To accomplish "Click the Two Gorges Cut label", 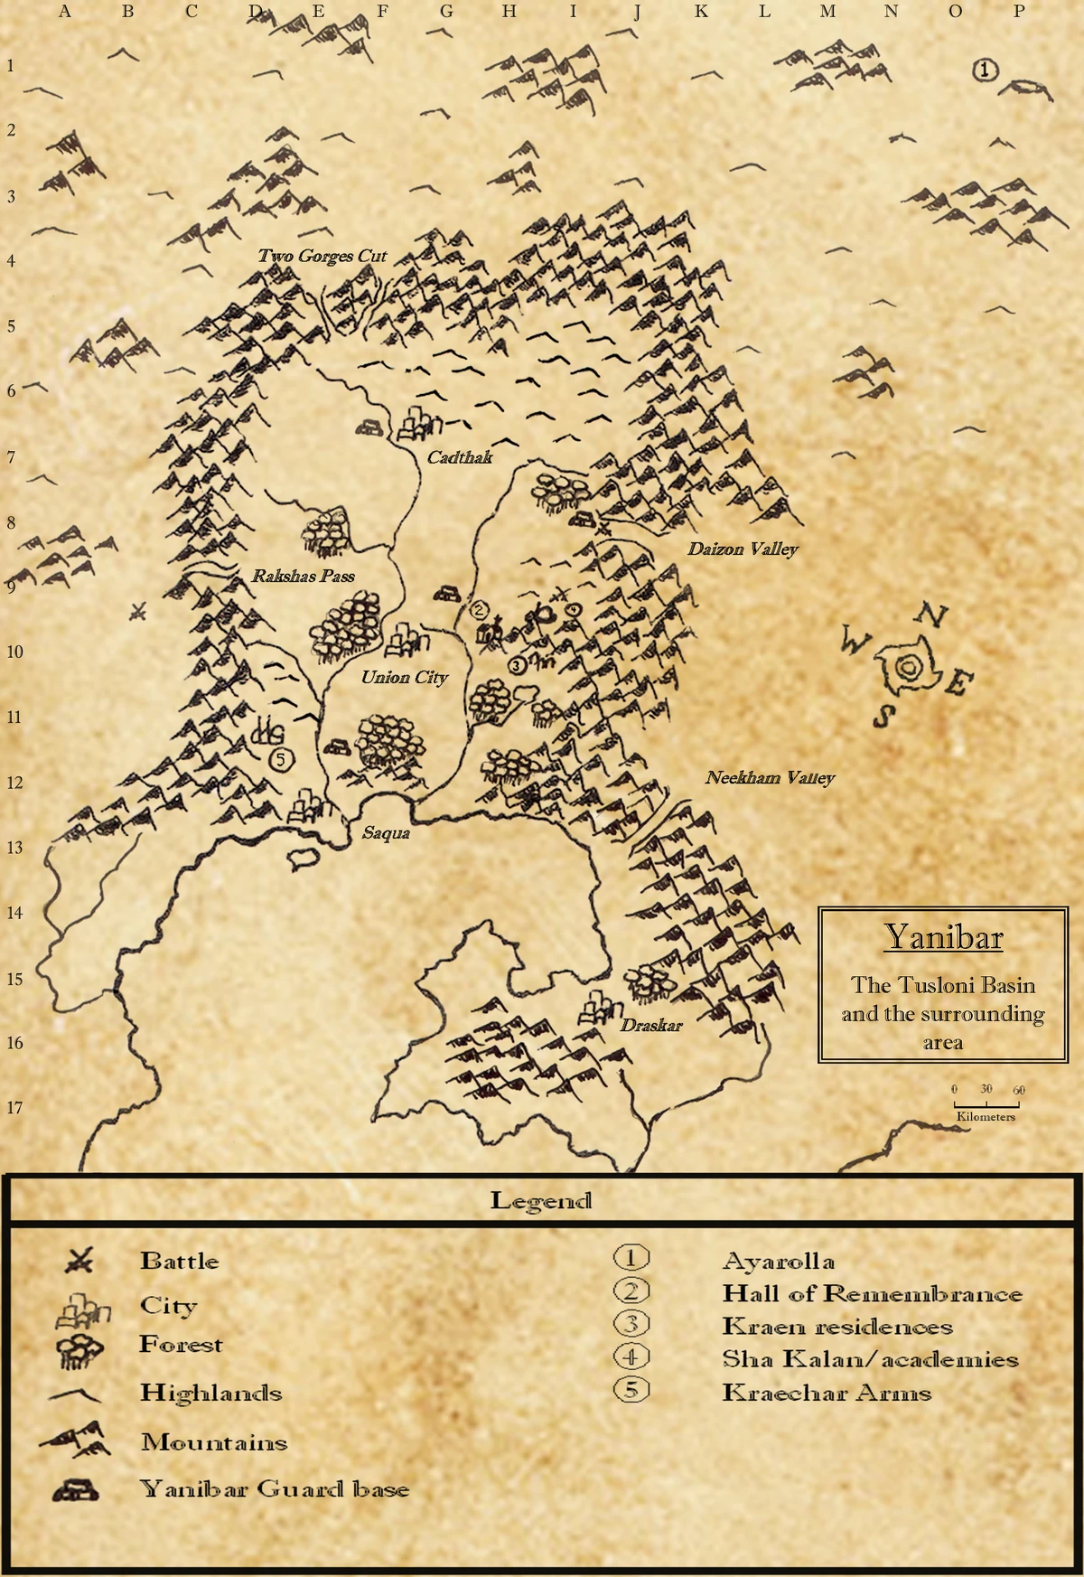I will pos(322,256).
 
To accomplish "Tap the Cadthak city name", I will pos(460,457).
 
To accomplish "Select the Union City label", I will pos(404,677).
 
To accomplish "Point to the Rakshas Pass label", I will pos(303,576).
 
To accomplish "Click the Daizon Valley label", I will pos(743,549).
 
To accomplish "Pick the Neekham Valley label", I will pos(770,777).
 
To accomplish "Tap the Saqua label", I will pos(386,832).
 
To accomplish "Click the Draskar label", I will pos(650,1025).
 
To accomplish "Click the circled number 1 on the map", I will pos(986,70).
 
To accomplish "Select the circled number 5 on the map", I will pos(281,759).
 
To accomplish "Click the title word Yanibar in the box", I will pos(943,937).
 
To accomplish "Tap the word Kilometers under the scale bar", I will pos(986,1117).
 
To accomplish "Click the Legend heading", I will pos(540,1200).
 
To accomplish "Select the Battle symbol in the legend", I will pos(79,1260).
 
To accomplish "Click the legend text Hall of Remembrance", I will pos(872,1294).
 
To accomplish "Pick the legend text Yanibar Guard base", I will pos(275,1488).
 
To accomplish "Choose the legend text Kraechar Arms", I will pos(826,1392).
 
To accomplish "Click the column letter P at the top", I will pos(1019,12).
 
